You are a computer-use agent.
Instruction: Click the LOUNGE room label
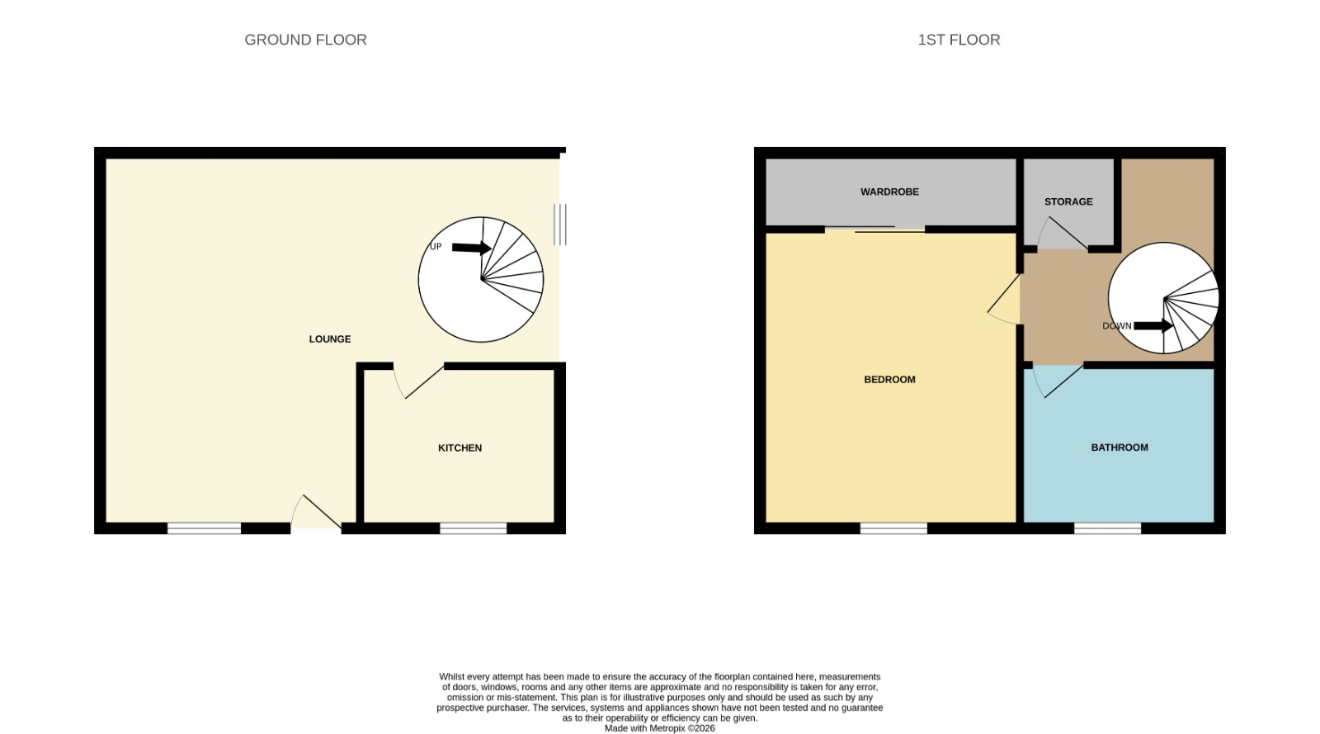coord(329,339)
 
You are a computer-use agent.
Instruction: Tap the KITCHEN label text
coord(460,448)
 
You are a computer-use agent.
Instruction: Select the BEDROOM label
coord(889,380)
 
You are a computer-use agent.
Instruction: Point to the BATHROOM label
coord(1119,448)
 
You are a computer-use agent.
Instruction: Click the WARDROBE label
coord(889,192)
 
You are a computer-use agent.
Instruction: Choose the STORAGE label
coord(1068,201)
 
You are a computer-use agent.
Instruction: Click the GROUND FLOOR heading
coord(305,40)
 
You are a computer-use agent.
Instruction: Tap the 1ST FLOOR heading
coord(959,40)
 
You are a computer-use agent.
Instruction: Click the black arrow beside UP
coord(471,249)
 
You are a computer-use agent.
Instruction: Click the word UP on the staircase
coord(436,246)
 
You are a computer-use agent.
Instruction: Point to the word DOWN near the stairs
coord(1117,326)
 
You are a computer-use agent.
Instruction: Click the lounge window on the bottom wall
coord(204,528)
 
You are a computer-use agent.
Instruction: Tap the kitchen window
coord(474,528)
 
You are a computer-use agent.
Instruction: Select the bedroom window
coord(893,528)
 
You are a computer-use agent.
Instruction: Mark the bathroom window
coord(1107,528)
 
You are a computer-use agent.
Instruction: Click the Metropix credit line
coord(659,729)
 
